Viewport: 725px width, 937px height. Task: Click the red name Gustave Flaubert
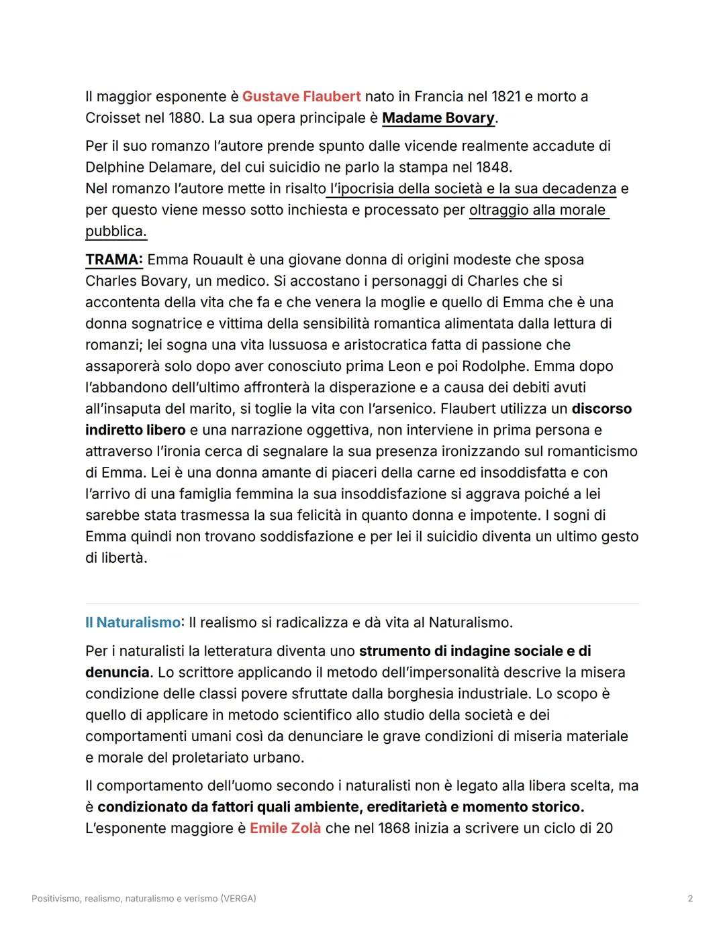pyautogui.click(x=301, y=97)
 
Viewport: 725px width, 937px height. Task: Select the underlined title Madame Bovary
pyautogui.click(x=438, y=118)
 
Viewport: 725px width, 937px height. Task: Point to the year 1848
pyautogui.click(x=493, y=167)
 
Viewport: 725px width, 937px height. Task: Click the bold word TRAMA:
pyautogui.click(x=113, y=260)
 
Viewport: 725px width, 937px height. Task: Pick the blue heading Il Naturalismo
pyautogui.click(x=132, y=622)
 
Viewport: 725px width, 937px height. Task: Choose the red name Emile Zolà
pyautogui.click(x=285, y=828)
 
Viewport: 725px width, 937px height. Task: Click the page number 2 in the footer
pyautogui.click(x=690, y=898)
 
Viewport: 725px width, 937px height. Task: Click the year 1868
pyautogui.click(x=394, y=828)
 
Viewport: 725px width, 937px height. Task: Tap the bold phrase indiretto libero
pyautogui.click(x=135, y=430)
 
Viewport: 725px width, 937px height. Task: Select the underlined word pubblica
pyautogui.click(x=115, y=231)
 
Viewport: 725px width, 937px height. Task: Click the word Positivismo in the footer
pyautogui.click(x=56, y=898)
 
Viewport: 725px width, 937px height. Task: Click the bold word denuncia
pyautogui.click(x=117, y=672)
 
